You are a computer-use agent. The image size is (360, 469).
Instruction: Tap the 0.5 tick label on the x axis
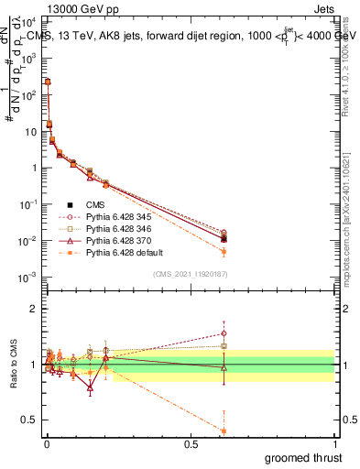[191, 444]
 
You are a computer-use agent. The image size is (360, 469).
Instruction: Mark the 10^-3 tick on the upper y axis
[27, 277]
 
